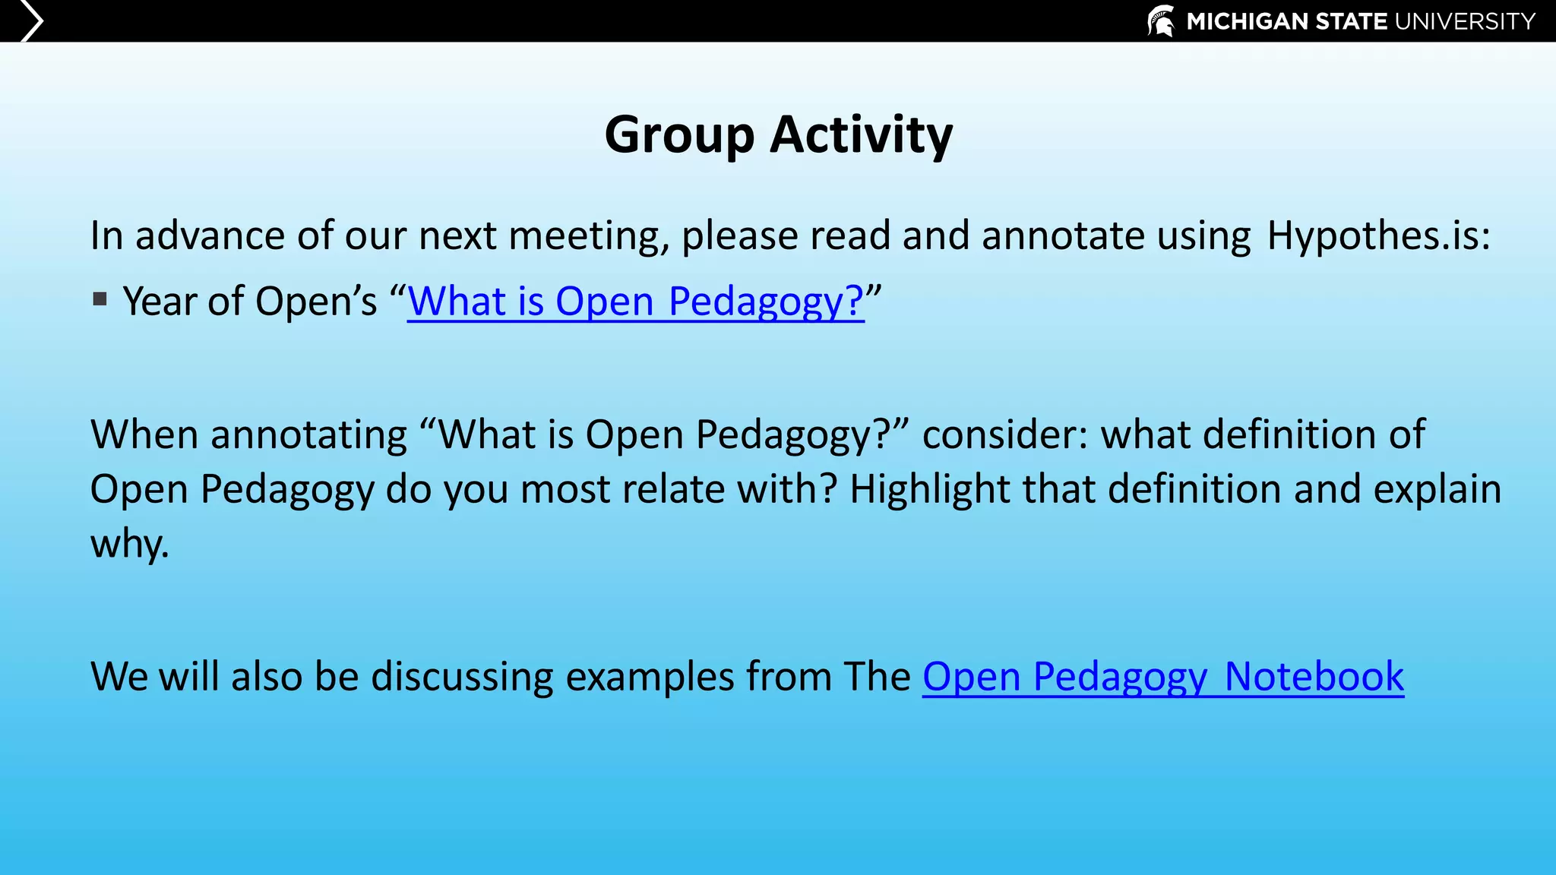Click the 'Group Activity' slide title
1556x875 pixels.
778,134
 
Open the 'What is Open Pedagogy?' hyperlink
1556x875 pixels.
635,301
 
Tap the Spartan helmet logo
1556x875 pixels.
1161,21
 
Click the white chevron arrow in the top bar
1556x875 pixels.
31,21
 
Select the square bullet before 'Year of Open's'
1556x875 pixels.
100,299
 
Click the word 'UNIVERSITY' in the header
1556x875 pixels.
1465,21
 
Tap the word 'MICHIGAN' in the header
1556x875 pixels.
1248,21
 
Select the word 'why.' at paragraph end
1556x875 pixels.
129,544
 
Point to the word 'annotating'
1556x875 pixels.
308,434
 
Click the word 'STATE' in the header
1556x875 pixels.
1352,21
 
